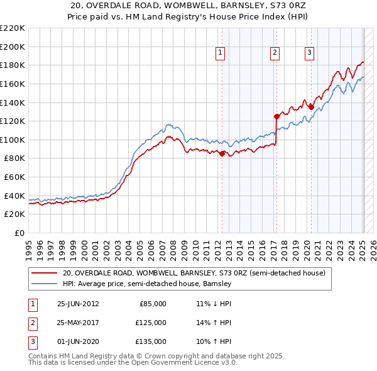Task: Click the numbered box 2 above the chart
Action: tap(275, 53)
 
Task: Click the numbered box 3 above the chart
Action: tap(310, 53)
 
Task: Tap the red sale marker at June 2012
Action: tap(222, 153)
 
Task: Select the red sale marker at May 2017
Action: tap(276, 116)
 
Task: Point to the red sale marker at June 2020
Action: tap(310, 107)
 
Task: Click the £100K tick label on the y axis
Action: tap(13, 140)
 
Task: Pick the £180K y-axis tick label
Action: tap(13, 65)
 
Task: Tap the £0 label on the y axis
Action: tap(18, 233)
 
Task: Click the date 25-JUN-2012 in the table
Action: tap(78, 304)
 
